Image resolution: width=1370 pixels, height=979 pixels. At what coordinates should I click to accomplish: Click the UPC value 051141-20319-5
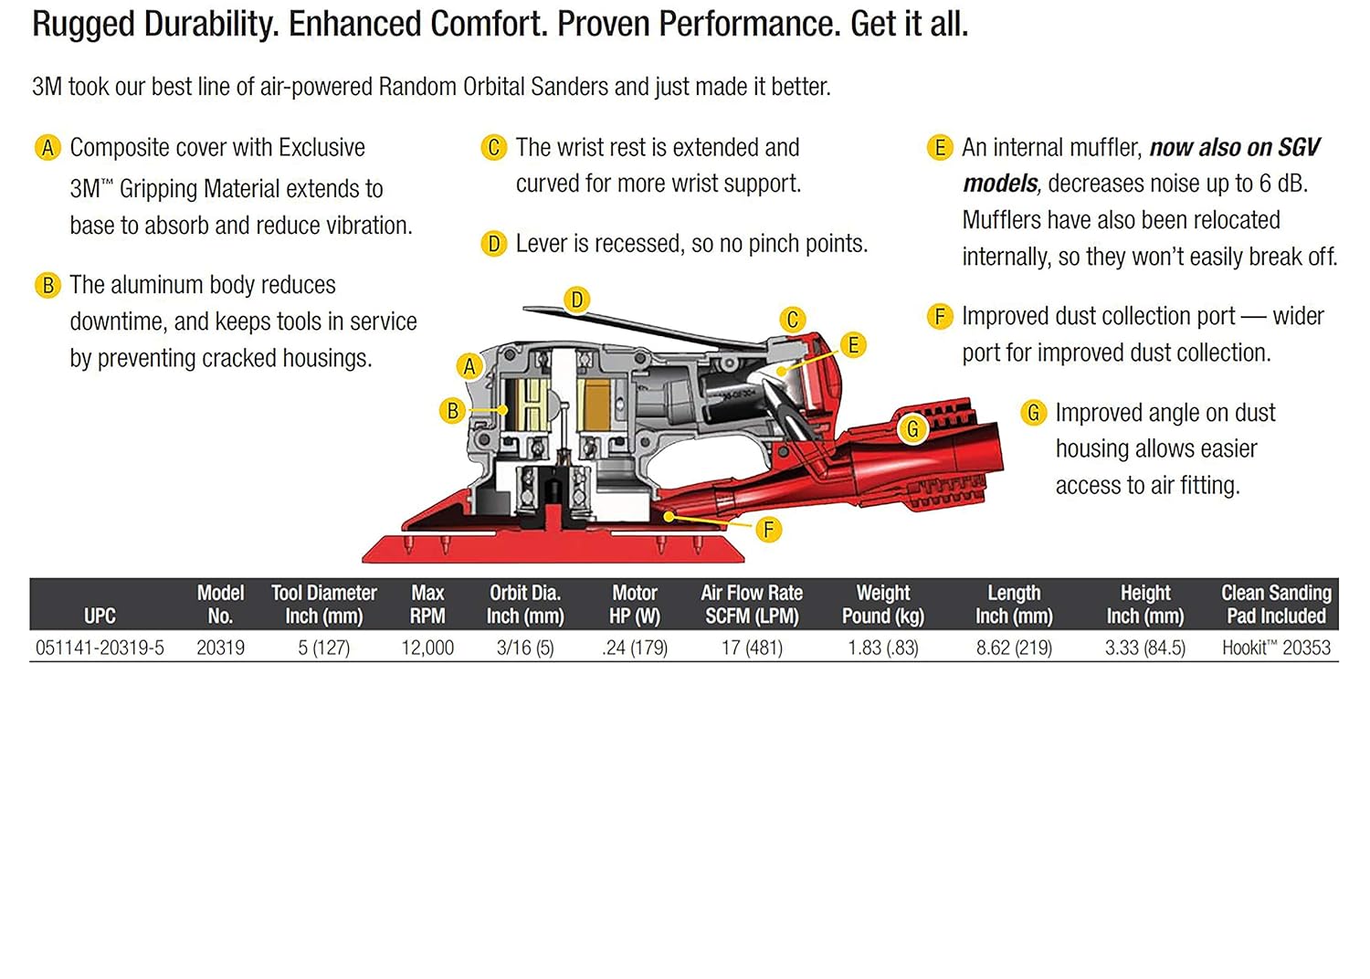point(100,647)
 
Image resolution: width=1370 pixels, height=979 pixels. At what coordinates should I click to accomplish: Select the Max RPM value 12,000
point(427,647)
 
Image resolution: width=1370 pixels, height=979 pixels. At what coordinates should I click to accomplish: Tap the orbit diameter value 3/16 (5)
point(525,647)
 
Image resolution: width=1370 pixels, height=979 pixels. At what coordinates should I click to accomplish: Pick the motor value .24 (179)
point(635,647)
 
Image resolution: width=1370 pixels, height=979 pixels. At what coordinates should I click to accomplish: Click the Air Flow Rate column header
point(752,605)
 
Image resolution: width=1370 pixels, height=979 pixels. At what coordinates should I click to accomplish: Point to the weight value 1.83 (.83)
point(882,647)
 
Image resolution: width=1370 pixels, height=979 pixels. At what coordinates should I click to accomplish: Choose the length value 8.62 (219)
point(1014,647)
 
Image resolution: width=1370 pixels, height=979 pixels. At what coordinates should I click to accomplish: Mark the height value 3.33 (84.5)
point(1144,647)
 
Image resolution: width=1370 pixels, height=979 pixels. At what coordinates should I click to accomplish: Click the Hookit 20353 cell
point(1276,647)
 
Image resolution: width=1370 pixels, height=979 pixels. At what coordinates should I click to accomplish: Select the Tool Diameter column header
point(323,605)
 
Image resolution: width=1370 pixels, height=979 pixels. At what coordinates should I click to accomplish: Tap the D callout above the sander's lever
point(576,300)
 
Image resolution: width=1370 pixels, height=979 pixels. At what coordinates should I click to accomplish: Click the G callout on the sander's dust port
point(912,428)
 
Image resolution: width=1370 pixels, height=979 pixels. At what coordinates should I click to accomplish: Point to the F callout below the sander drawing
point(768,529)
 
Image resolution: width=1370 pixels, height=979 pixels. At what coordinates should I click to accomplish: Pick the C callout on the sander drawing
point(793,320)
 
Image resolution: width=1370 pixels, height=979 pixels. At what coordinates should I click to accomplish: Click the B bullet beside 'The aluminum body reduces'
point(47,286)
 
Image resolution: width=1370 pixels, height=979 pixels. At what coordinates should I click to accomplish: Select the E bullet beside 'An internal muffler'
point(939,148)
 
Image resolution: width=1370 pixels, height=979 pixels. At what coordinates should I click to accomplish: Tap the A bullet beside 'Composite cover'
point(47,148)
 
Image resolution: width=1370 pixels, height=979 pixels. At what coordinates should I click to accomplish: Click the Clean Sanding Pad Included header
point(1276,605)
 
